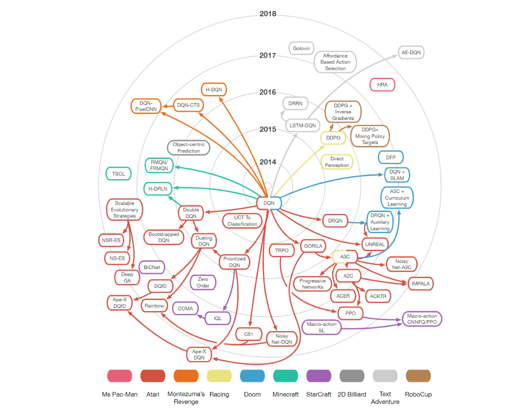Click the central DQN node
pos(269,203)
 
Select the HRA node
pos(382,85)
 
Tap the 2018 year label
pos(267,14)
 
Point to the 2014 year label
pos(267,162)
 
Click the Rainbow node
pos(154,306)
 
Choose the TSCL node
pos(119,174)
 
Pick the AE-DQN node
pos(411,52)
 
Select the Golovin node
pos(301,49)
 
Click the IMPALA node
pos(421,283)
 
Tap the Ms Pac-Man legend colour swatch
pos(120,376)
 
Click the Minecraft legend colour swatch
pos(286,376)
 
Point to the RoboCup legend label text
pos(418,394)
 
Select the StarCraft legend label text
pos(319,394)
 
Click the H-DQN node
pos(214,90)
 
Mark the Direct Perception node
pos(337,162)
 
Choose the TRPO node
pos(282,250)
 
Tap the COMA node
pos(186,308)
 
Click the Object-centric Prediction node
pos(189,148)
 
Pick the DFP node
pos(391,157)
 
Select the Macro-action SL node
pos(322,327)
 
